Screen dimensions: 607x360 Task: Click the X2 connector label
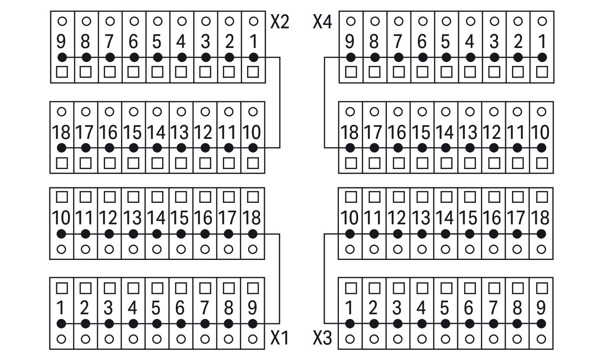280,21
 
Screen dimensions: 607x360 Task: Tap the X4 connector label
322,21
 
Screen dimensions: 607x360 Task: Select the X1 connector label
280,338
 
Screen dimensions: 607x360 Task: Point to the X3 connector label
322,338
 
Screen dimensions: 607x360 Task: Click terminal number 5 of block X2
157,42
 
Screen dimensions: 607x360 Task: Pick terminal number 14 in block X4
445,132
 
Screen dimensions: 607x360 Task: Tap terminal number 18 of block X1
252,217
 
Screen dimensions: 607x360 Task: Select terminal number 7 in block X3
493,308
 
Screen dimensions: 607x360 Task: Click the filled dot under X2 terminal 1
253,58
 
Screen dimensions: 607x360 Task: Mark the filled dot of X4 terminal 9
351,58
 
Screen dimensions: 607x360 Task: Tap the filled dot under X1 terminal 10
62,234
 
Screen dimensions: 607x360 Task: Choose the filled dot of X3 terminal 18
541,234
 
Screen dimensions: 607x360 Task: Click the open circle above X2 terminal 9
62,21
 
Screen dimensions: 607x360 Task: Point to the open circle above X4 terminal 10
541,111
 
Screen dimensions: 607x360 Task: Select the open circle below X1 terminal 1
62,339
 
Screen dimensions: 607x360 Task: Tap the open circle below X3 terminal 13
422,249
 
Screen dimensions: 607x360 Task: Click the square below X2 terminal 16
110,164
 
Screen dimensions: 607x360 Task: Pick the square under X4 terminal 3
494,72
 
